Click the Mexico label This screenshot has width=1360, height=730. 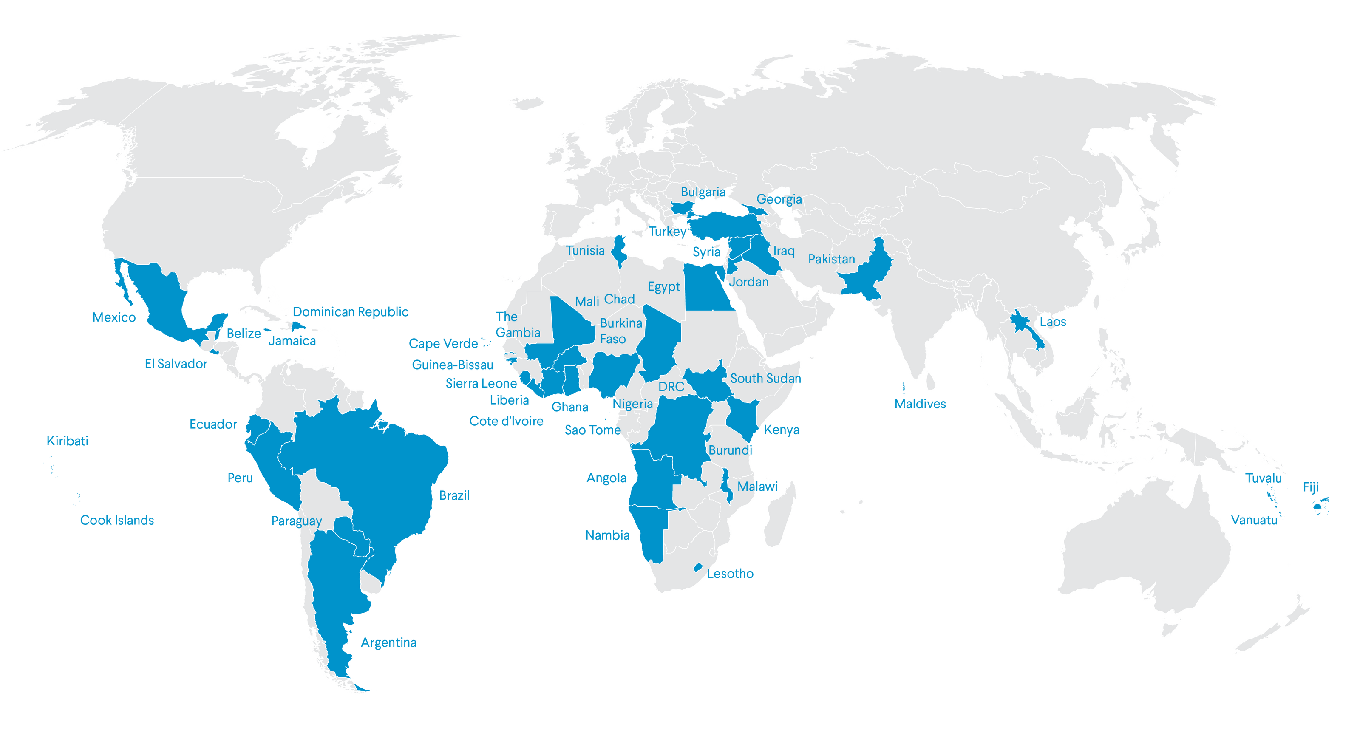pyautogui.click(x=113, y=317)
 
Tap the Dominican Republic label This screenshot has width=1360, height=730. pyautogui.click(x=351, y=312)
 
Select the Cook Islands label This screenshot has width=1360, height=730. pyautogui.click(x=117, y=521)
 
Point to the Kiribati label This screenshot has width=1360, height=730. pyautogui.click(x=68, y=441)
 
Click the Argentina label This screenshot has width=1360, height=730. pyautogui.click(x=388, y=642)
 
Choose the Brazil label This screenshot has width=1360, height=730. pyautogui.click(x=454, y=495)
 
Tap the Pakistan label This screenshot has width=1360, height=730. pyautogui.click(x=832, y=259)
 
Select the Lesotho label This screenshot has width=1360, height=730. pyautogui.click(x=730, y=573)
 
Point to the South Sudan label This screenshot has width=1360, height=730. pyautogui.click(x=765, y=379)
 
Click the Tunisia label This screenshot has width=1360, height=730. pyautogui.click(x=586, y=250)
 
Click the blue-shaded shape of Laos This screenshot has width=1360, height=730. pyautogui.click(x=1024, y=327)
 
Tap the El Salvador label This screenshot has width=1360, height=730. pyautogui.click(x=176, y=364)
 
